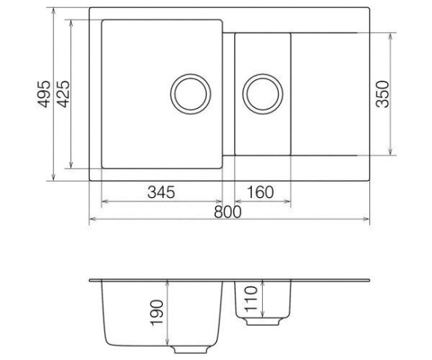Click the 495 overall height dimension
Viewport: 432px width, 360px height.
point(44,94)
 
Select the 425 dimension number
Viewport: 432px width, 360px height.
point(63,94)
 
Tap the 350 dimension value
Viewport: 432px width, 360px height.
point(383,94)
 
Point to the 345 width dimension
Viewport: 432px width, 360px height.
point(161,192)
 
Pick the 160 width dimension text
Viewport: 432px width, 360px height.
point(261,192)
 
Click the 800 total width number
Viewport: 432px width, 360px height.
point(228,212)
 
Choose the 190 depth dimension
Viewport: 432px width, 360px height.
point(157,313)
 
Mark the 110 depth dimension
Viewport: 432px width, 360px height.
point(251,299)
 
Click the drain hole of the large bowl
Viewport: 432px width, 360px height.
point(191,94)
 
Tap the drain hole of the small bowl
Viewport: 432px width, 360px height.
point(262,94)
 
